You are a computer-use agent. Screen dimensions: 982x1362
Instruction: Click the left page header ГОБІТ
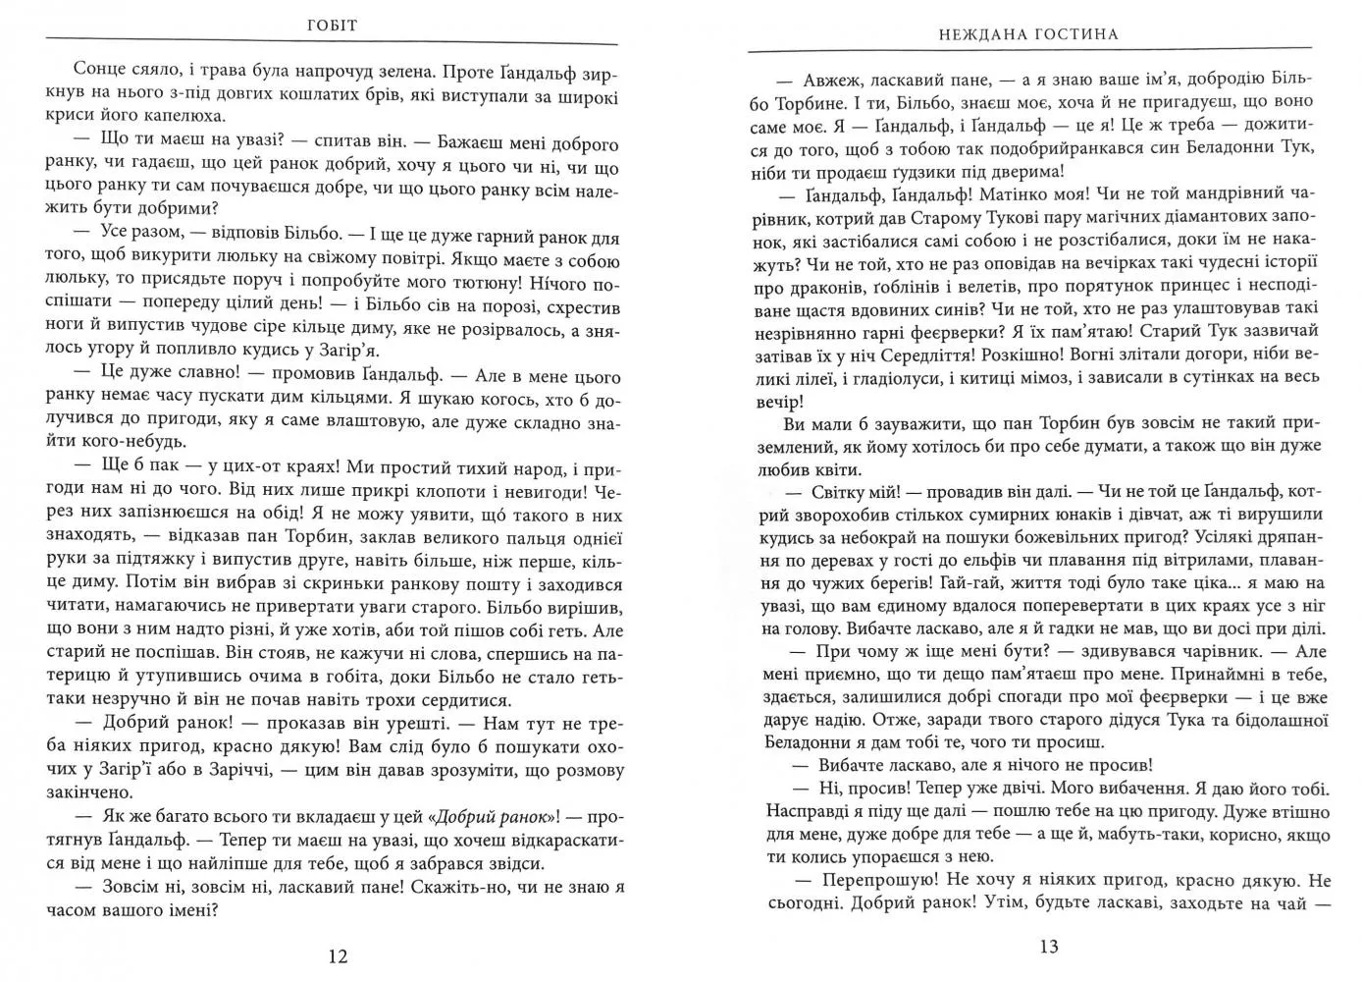332,26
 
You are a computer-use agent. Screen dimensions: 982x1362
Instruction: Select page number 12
337,955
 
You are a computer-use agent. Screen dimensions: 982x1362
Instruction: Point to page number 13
1047,947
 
